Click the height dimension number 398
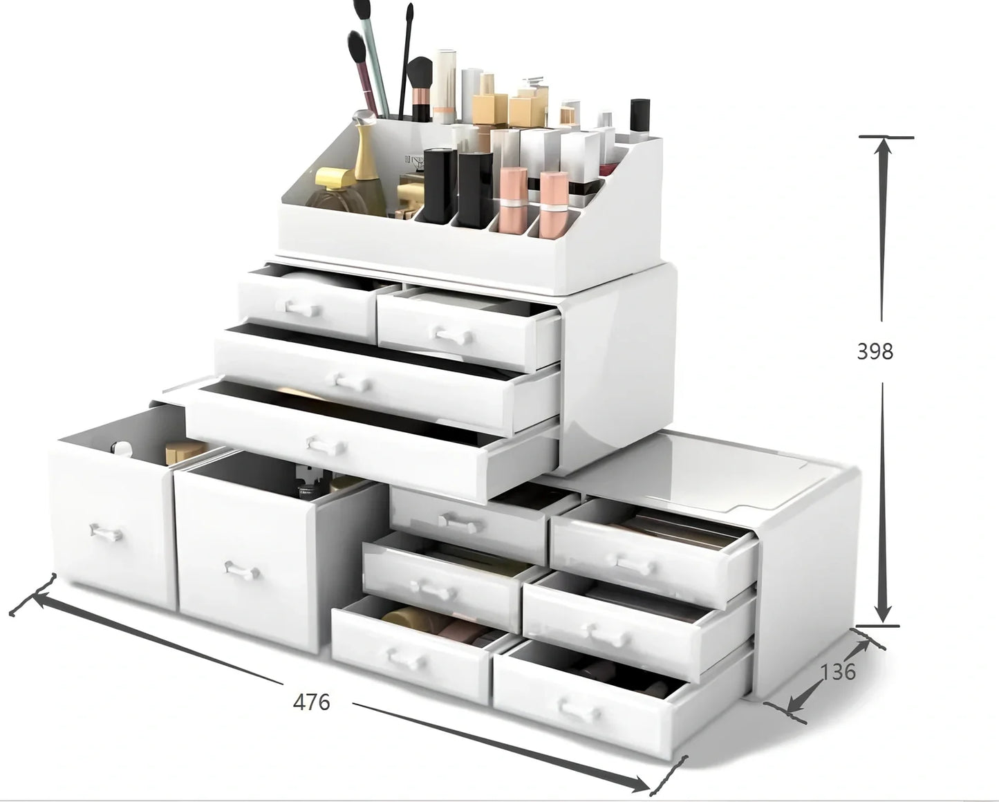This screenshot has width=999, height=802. pyautogui.click(x=875, y=351)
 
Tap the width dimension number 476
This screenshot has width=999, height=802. pyautogui.click(x=312, y=702)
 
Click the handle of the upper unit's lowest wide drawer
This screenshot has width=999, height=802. pyautogui.click(x=326, y=447)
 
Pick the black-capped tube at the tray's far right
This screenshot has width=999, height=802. pyautogui.click(x=639, y=118)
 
